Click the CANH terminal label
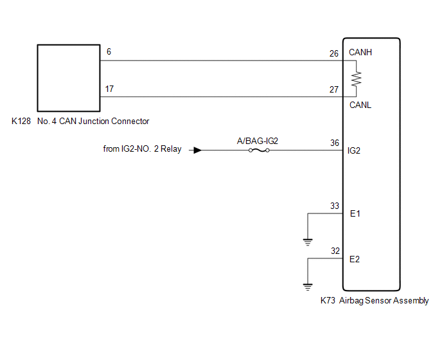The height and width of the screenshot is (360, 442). click(360, 52)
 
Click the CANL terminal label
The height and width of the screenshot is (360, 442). click(360, 105)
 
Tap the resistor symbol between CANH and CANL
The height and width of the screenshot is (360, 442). click(357, 78)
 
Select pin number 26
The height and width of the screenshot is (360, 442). click(334, 53)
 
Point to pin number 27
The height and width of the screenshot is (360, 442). click(334, 89)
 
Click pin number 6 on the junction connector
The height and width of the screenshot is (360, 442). click(109, 51)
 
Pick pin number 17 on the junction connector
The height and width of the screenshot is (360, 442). click(109, 89)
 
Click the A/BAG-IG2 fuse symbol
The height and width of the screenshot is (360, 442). click(259, 150)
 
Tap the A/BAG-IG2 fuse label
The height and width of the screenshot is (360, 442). click(258, 141)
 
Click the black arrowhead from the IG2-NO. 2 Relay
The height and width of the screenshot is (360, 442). click(198, 150)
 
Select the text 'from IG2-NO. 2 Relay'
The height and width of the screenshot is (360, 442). click(142, 148)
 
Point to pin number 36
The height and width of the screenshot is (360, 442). click(335, 143)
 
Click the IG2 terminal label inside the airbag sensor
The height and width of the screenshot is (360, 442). click(354, 150)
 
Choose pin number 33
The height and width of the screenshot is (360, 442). click(335, 206)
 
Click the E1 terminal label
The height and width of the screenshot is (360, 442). click(355, 213)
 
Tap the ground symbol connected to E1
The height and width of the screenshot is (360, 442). click(308, 242)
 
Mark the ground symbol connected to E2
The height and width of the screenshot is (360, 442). click(308, 287)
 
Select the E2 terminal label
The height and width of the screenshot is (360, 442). click(355, 259)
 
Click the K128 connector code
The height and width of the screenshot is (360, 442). click(21, 121)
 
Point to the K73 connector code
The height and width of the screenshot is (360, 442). click(328, 300)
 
